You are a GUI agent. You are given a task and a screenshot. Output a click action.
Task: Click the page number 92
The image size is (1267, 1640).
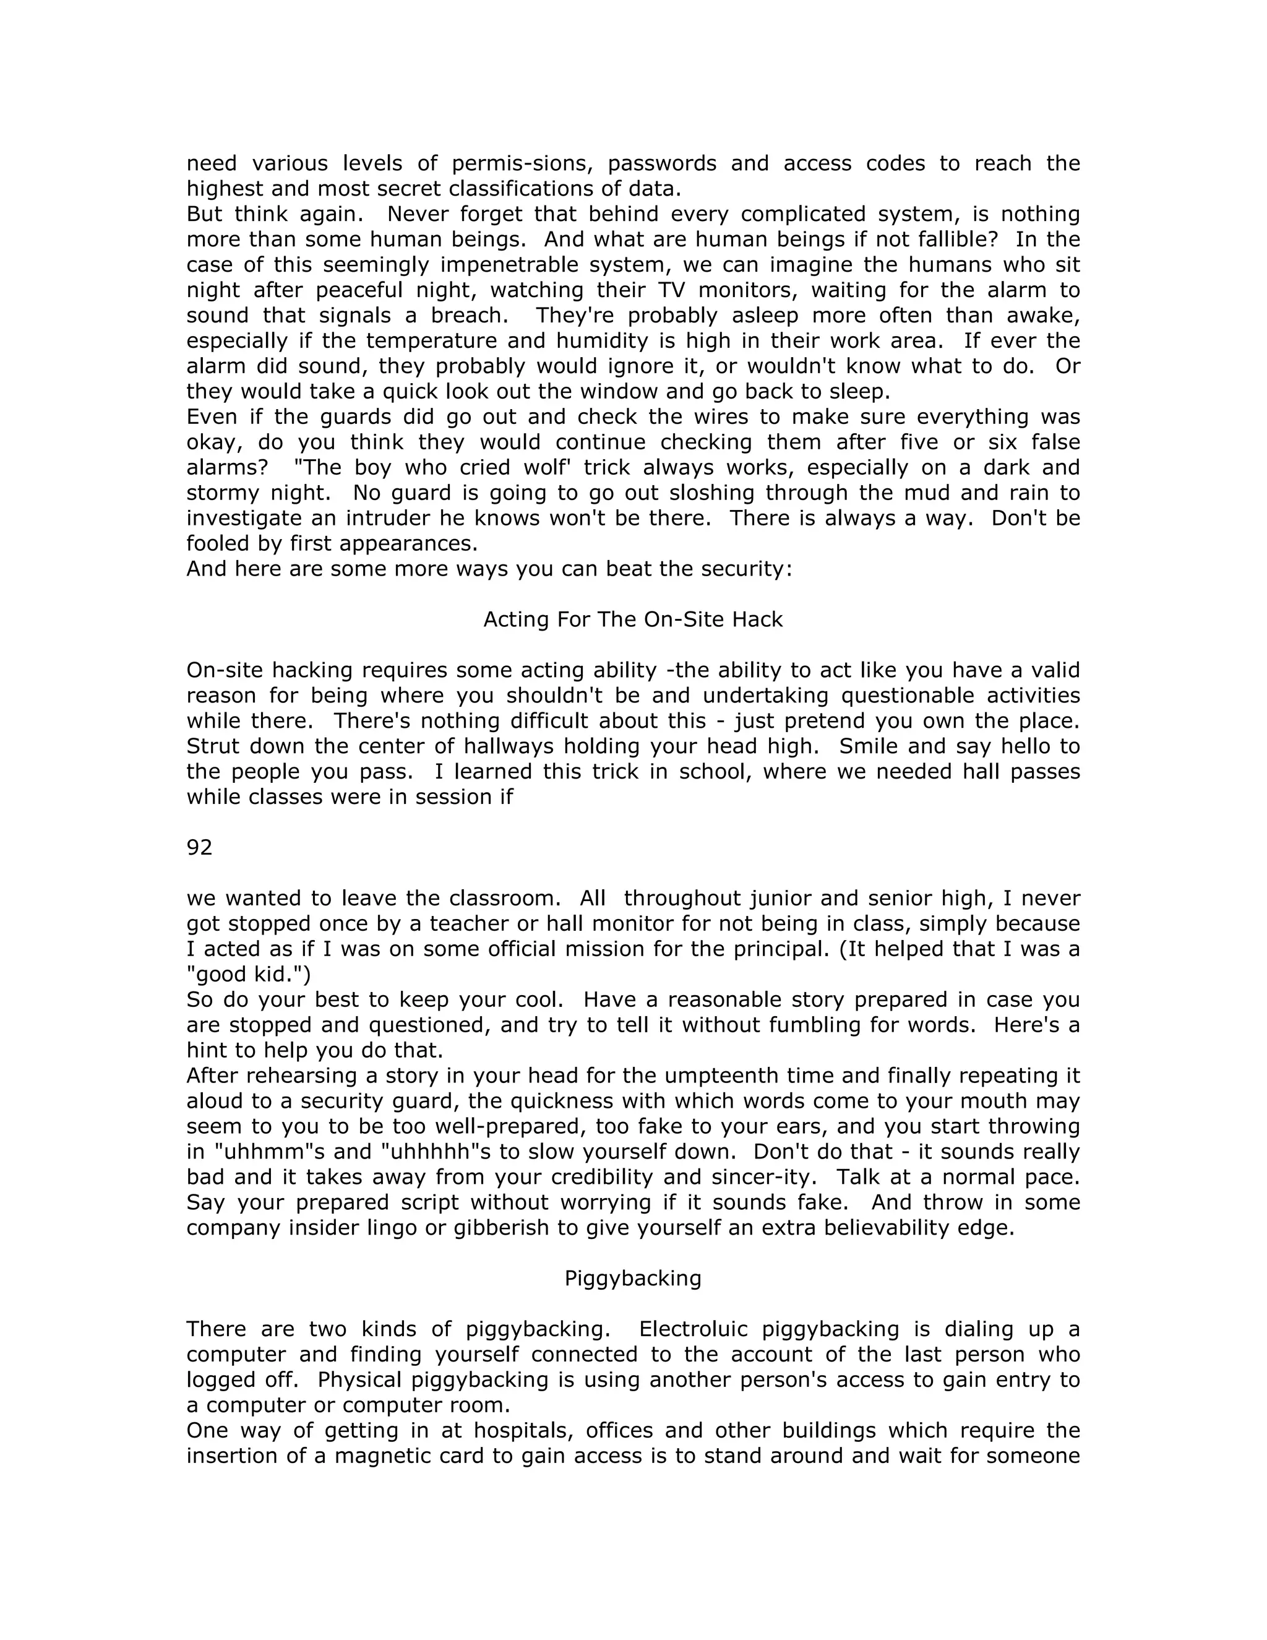click(199, 848)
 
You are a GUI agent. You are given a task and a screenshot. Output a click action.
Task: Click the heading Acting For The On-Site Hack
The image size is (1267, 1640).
click(633, 619)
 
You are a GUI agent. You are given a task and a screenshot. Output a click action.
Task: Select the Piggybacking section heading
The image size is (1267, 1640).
click(633, 1278)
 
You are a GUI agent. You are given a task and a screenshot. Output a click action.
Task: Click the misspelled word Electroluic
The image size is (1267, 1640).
click(693, 1329)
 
